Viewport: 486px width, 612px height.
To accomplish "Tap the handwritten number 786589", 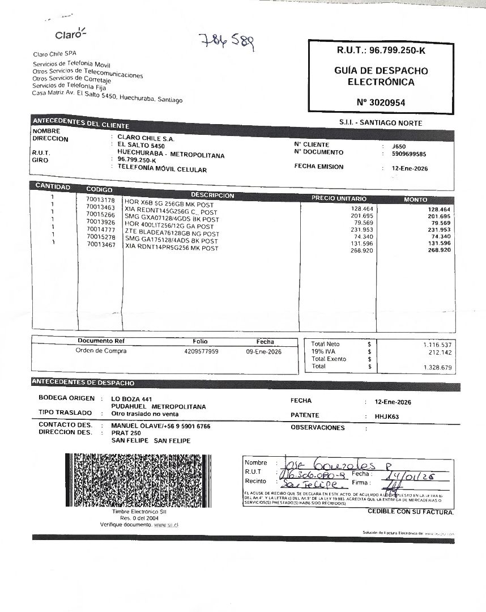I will (x=227, y=41).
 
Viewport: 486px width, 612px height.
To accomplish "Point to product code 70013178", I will (x=100, y=201).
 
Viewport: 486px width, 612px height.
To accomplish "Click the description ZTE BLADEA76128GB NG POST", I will (x=172, y=233).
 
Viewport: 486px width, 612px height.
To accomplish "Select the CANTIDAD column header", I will (x=53, y=187).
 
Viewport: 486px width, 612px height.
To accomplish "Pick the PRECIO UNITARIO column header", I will (x=339, y=199).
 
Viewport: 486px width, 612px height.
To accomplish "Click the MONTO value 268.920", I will (x=440, y=250).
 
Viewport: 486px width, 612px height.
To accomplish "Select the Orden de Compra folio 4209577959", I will (x=201, y=351).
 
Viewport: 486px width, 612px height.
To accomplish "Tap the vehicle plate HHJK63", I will (x=387, y=416).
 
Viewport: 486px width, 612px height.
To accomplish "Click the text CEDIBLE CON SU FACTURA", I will (x=411, y=512).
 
